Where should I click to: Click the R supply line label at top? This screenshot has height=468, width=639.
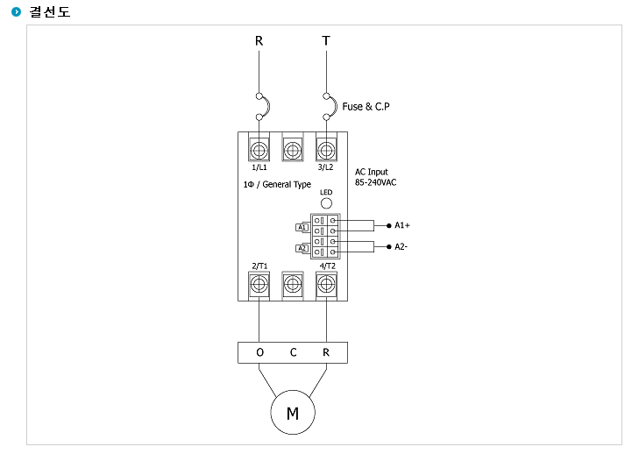pyautogui.click(x=259, y=40)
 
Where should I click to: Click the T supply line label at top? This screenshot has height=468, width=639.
pyautogui.click(x=326, y=40)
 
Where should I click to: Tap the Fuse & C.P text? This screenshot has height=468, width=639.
pyautogui.click(x=366, y=107)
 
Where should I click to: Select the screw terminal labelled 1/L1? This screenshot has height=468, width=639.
pyautogui.click(x=259, y=150)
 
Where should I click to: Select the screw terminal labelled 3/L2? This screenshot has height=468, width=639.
pyautogui.click(x=326, y=150)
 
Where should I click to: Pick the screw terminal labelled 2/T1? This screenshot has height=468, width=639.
pyautogui.click(x=259, y=284)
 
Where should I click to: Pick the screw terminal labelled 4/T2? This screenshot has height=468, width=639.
pyautogui.click(x=326, y=284)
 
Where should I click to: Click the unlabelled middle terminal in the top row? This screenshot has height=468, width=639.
pyautogui.click(x=293, y=150)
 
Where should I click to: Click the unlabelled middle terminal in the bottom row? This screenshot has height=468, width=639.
pyautogui.click(x=293, y=284)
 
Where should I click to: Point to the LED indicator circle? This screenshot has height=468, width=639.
pyautogui.click(x=326, y=202)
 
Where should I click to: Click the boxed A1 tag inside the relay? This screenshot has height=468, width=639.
pyautogui.click(x=302, y=227)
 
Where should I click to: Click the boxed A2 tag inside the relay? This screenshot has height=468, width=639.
pyautogui.click(x=302, y=248)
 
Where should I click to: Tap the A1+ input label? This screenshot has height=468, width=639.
pyautogui.click(x=402, y=225)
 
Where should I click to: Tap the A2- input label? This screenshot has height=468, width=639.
pyautogui.click(x=401, y=247)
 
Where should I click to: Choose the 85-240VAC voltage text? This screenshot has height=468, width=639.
pyautogui.click(x=375, y=182)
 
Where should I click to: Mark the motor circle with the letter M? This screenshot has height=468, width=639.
pyautogui.click(x=293, y=412)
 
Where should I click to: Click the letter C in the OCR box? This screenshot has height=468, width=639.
pyautogui.click(x=294, y=352)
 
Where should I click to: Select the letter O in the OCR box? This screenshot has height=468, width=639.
pyautogui.click(x=260, y=352)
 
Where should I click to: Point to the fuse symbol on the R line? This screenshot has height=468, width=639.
pyautogui.click(x=263, y=107)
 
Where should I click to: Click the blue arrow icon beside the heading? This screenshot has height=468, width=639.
pyautogui.click(x=17, y=11)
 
